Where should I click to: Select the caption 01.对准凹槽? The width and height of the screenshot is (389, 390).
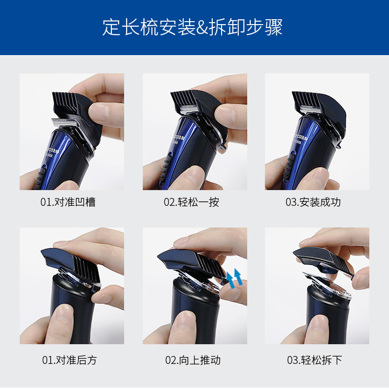pos(68,202)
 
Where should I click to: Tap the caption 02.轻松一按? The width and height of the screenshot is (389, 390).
pos(192,202)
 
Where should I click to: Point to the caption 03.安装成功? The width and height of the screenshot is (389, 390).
pos(313,202)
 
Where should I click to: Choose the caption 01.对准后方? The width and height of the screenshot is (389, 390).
pos(69,360)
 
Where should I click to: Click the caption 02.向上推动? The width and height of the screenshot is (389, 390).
pos(193,360)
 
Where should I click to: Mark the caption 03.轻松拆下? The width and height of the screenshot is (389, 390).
pos(314,360)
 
